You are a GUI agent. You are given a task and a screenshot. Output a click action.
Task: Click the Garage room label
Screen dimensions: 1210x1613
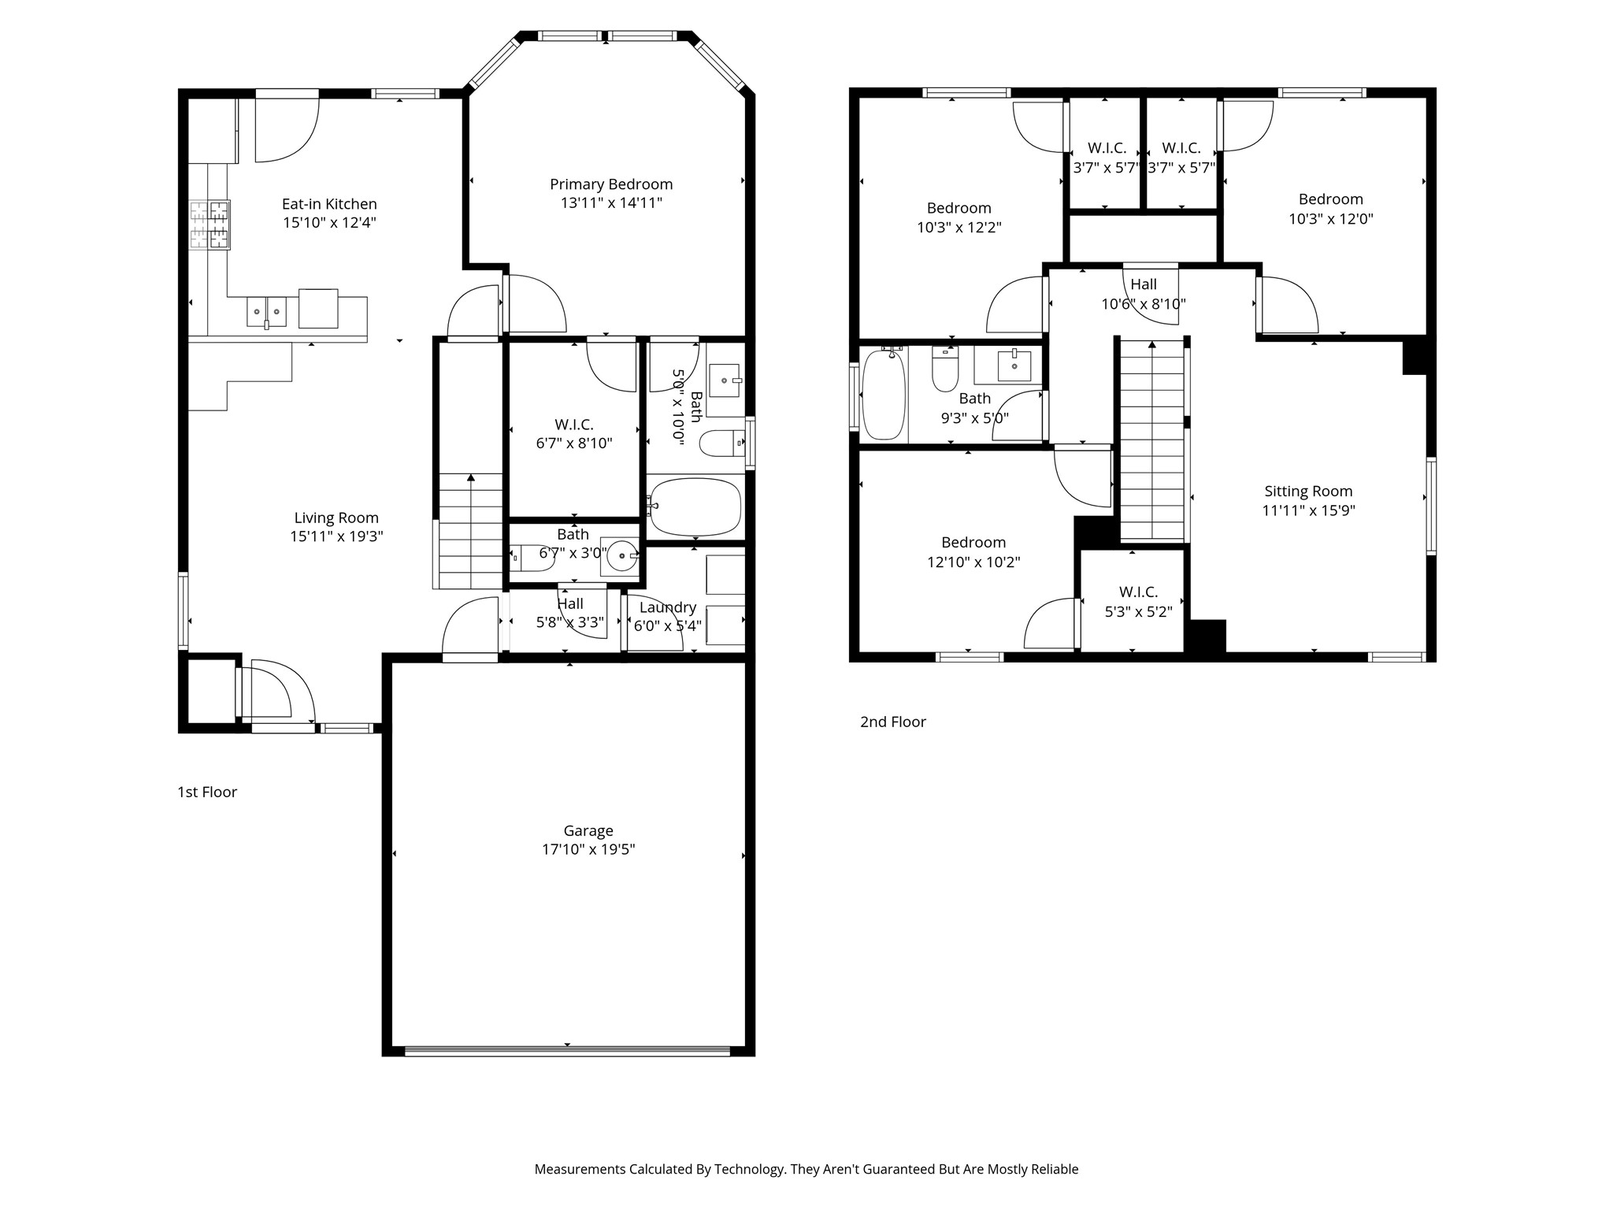coord(588,830)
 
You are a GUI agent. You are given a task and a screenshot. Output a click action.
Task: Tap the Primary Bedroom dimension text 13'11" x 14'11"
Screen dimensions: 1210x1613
coord(611,203)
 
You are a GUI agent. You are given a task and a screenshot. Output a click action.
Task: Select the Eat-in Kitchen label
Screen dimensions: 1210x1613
coord(329,204)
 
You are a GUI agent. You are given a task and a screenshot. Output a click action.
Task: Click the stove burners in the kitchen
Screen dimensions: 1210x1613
coord(210,225)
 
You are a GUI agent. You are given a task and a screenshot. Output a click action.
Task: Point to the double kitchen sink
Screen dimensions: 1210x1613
coord(266,312)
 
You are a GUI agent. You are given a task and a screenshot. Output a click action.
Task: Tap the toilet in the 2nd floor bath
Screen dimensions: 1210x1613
coord(944,369)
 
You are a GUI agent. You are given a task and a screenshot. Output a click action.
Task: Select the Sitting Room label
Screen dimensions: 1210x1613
coord(1308,491)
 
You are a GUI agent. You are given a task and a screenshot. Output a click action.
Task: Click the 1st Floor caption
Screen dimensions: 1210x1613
coord(207,792)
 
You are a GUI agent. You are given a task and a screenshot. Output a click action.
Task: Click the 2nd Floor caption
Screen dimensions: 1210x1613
coord(892,722)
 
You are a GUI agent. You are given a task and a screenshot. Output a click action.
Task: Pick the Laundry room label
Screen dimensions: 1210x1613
coord(667,607)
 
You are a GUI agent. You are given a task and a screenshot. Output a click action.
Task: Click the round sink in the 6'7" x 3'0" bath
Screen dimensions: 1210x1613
coord(621,556)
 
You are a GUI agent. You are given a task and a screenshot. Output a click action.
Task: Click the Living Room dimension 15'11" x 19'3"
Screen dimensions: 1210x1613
coord(336,536)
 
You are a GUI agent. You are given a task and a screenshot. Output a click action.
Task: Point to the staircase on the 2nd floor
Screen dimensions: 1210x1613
coord(1151,441)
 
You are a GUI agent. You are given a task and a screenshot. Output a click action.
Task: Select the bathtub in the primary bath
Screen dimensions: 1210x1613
coord(695,507)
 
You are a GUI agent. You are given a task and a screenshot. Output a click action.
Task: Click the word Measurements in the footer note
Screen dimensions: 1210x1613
coord(580,1169)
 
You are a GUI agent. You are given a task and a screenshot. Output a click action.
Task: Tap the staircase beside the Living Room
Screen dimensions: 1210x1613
coord(470,530)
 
